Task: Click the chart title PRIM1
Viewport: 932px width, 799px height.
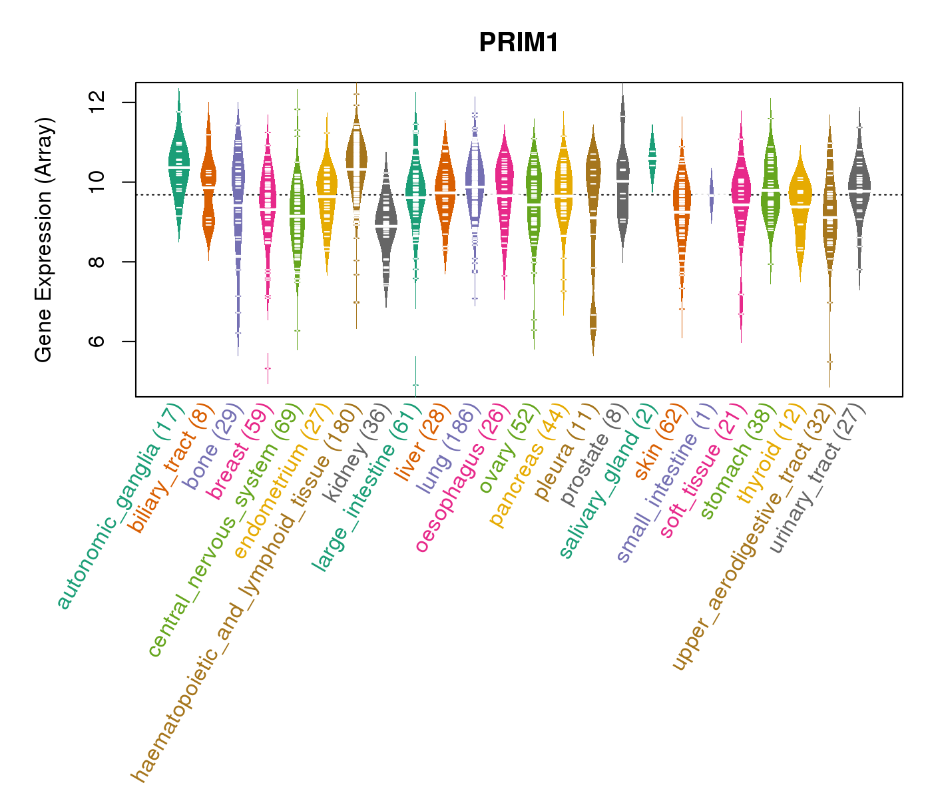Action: click(519, 43)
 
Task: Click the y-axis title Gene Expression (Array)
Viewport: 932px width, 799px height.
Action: click(44, 240)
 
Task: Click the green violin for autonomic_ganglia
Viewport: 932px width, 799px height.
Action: click(178, 166)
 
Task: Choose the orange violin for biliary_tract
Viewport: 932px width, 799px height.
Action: click(208, 180)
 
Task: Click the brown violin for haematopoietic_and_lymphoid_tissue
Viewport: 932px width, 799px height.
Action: click(357, 166)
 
